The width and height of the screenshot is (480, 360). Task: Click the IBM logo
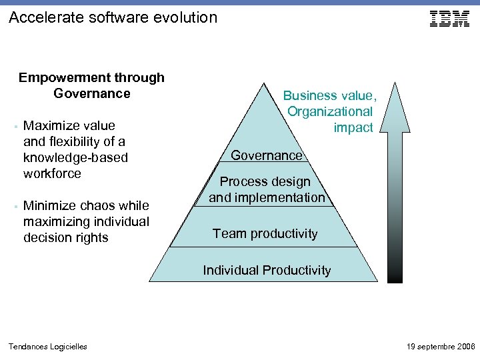450,19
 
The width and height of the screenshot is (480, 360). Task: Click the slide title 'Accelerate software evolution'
113,17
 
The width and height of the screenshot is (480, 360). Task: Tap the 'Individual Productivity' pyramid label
267,270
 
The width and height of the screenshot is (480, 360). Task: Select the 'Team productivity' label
265,233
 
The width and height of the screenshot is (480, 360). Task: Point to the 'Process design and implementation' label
267,189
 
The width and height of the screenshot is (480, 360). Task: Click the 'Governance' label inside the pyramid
267,155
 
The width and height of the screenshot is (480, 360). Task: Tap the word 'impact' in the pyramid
353,127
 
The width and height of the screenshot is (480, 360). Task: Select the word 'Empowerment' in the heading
57,77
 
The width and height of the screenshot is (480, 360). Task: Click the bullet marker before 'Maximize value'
14,126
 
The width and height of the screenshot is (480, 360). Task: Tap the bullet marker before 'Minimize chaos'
14,206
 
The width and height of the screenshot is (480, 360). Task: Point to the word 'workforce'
52,173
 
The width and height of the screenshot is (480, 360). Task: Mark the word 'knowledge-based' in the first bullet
75,157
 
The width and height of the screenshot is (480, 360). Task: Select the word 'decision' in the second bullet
47,237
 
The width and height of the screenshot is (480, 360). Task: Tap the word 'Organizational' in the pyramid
330,111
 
